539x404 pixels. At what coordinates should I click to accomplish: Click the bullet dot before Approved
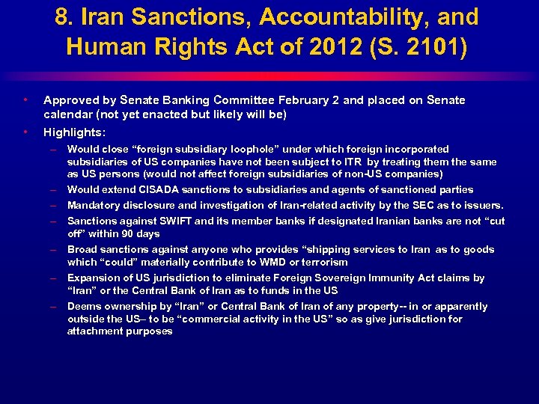click(x=26, y=100)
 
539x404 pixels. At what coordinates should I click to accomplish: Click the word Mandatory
click(x=94, y=205)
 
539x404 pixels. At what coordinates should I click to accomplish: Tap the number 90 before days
click(x=118, y=233)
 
